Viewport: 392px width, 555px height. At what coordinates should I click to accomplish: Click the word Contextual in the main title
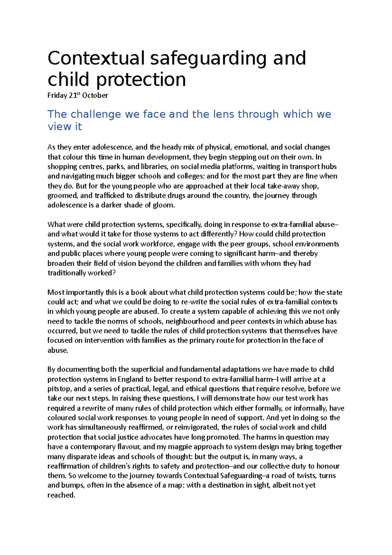(96, 58)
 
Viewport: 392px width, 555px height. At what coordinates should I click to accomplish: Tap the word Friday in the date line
(57, 95)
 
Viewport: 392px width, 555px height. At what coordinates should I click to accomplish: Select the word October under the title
(95, 95)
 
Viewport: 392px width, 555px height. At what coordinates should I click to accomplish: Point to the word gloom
(165, 205)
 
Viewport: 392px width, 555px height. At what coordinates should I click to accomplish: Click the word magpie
(169, 447)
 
